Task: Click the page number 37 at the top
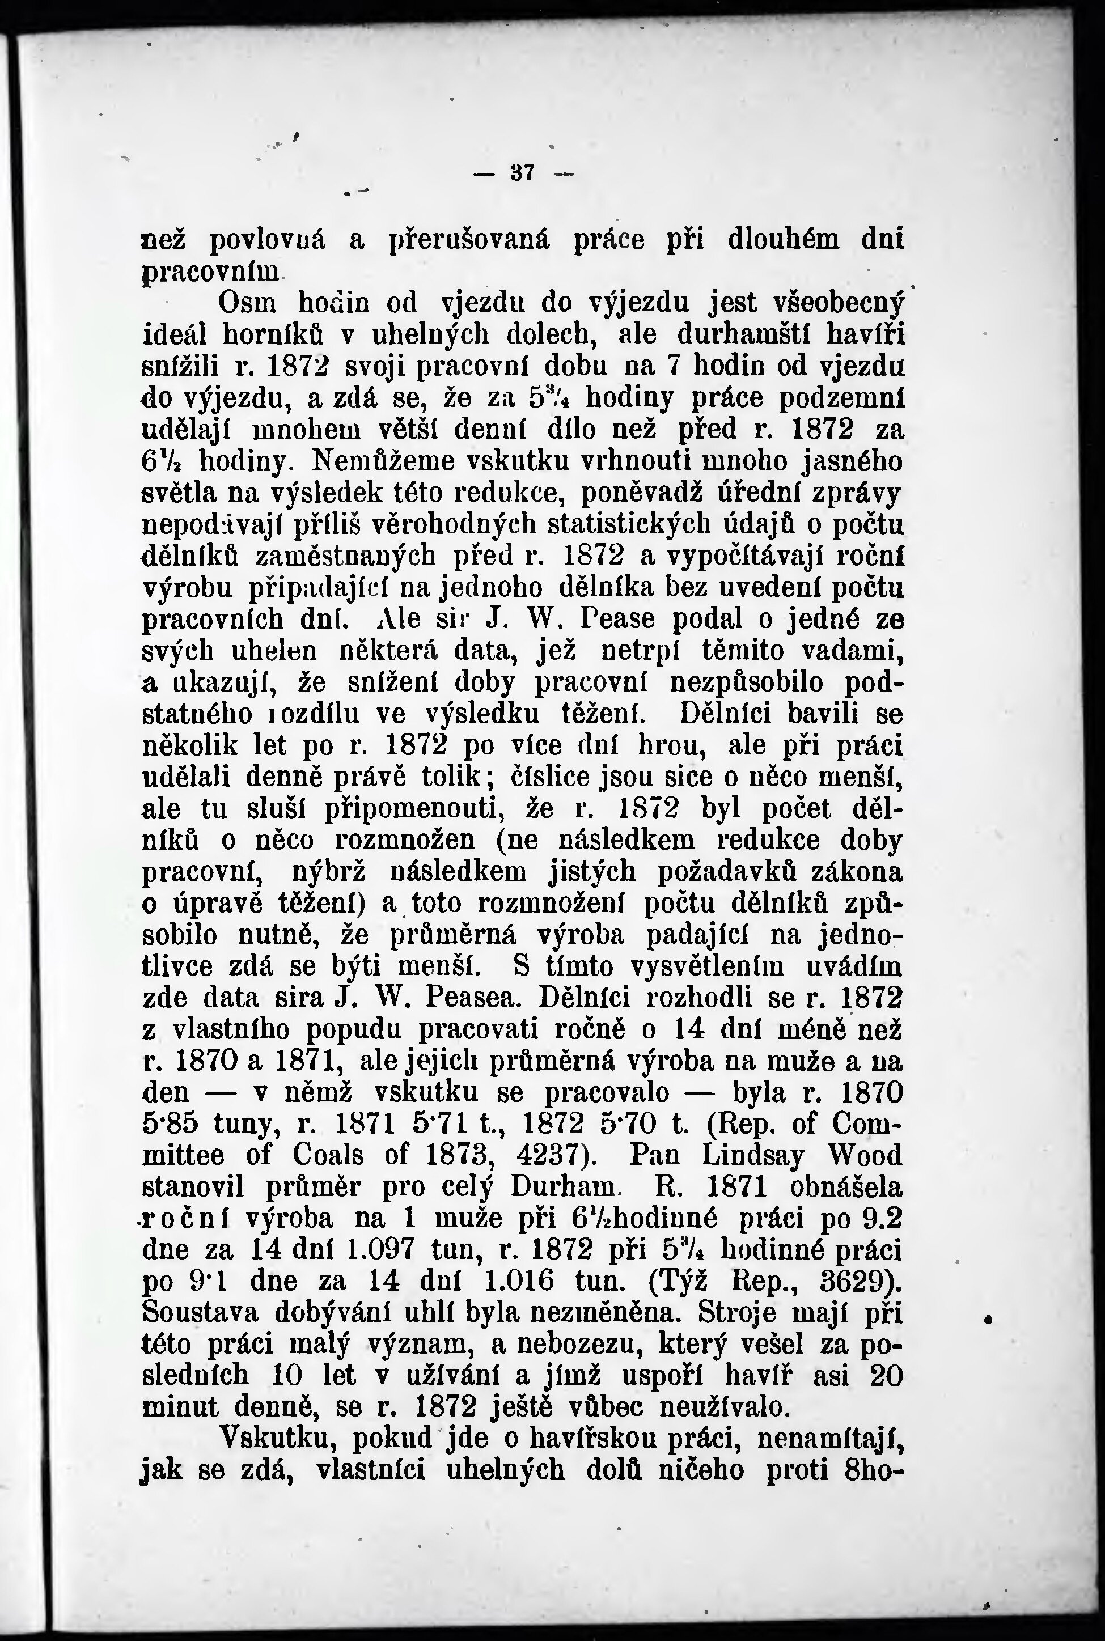click(x=522, y=173)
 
